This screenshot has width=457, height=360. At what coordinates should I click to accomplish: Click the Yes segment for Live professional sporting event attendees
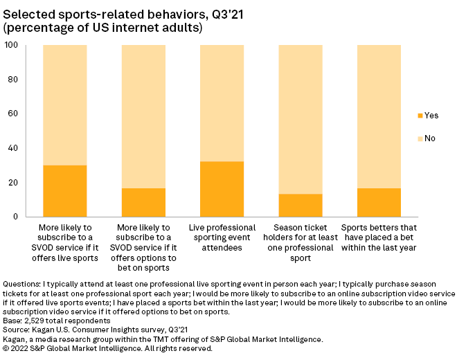pos(222,189)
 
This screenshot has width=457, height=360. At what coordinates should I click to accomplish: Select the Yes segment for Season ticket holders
pos(301,206)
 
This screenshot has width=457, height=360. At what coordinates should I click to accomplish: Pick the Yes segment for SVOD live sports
pos(65,191)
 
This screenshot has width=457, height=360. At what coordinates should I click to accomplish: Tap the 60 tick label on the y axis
pos(14,114)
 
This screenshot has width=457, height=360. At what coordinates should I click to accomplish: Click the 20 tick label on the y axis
pos(14,183)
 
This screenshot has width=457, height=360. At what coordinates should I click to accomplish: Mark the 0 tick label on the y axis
pos(17,217)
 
